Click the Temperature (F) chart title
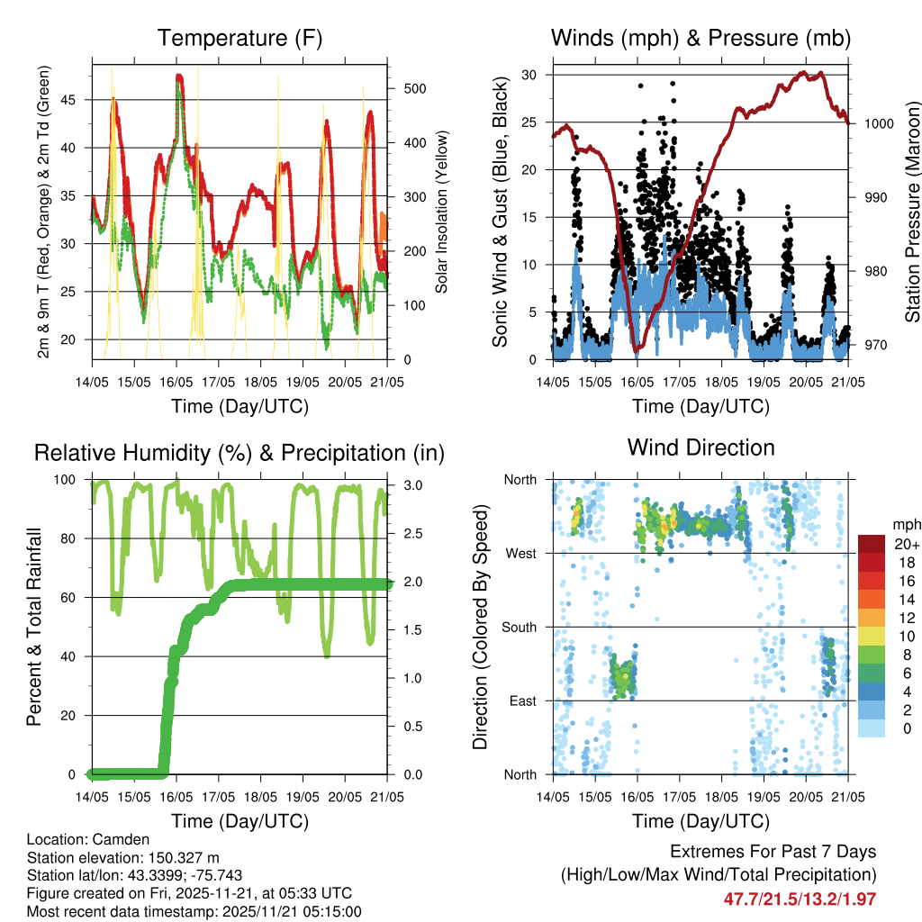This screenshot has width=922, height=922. [x=240, y=38]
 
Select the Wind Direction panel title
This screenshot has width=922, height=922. [x=701, y=447]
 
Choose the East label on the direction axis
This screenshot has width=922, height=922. [x=520, y=701]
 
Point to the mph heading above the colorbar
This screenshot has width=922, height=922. [x=905, y=524]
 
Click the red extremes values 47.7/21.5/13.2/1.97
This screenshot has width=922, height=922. [x=800, y=899]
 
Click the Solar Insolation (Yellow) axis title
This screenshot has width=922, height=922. [x=442, y=212]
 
